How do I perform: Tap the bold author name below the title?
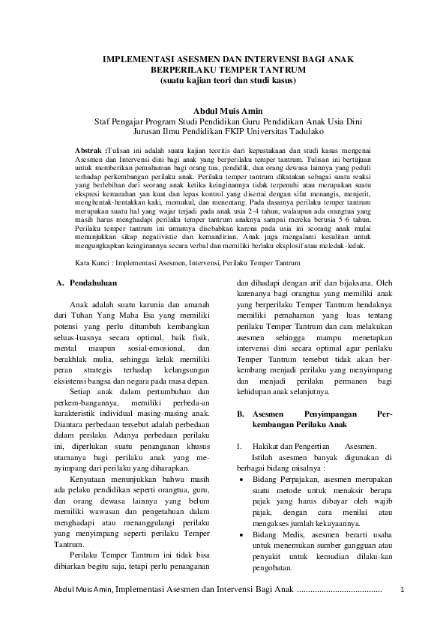[223, 111]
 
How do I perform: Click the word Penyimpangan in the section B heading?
[317, 414]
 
